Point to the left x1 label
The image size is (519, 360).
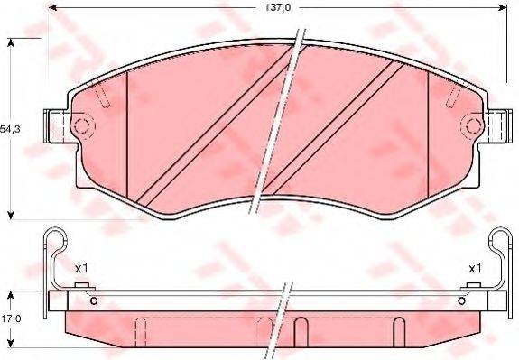point(80,268)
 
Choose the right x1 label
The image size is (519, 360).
point(473,268)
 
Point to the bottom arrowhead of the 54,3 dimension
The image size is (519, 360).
point(10,214)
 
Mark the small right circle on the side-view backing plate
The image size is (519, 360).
point(462,298)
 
